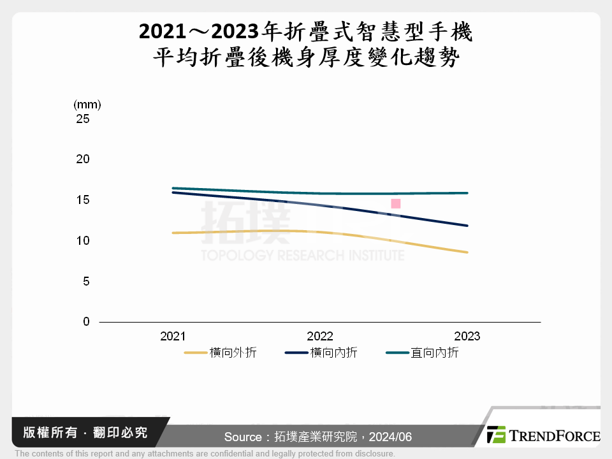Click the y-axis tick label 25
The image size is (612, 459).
pyautogui.click(x=83, y=119)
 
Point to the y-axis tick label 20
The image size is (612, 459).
pyautogui.click(x=83, y=159)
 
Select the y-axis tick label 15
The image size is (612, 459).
pyautogui.click(x=83, y=200)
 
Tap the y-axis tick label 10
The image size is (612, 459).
pyautogui.click(x=83, y=241)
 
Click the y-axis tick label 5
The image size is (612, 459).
pyautogui.click(x=86, y=281)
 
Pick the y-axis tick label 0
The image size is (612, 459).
pyautogui.click(x=86, y=322)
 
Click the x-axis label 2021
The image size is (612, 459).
pyautogui.click(x=173, y=337)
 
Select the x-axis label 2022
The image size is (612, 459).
pyautogui.click(x=320, y=337)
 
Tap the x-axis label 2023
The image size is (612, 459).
pyautogui.click(x=467, y=337)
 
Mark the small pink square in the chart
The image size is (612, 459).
pyautogui.click(x=395, y=203)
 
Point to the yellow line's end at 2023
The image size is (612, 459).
pyautogui.click(x=467, y=252)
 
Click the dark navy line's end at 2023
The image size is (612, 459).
pyautogui.click(x=467, y=226)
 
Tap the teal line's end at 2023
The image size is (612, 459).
pyautogui.click(x=467, y=193)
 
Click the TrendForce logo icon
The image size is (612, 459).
pyautogui.click(x=496, y=435)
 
